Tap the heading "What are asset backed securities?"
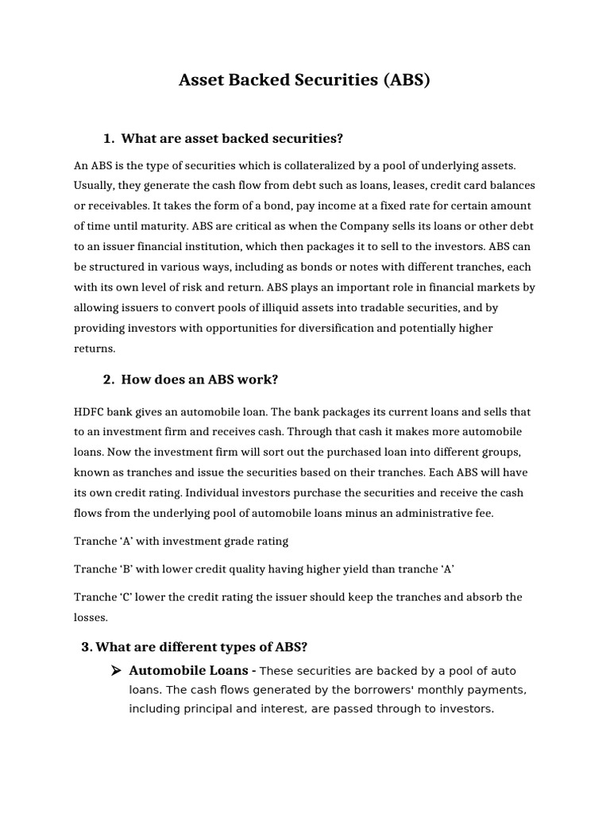[232, 139]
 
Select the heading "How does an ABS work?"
[199, 380]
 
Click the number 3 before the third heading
[86, 647]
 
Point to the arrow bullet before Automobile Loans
[115, 670]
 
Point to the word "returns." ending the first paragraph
[95, 347]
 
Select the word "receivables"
[121, 206]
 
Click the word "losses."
[91, 617]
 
